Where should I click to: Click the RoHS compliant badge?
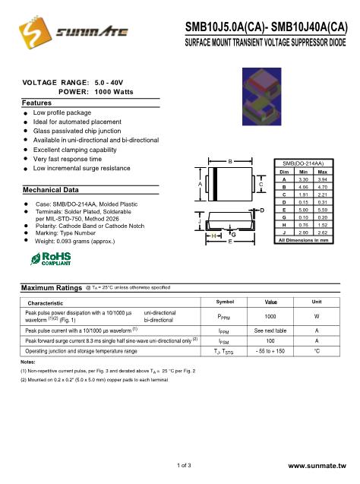tap(50, 260)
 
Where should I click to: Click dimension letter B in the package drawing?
tap(229, 162)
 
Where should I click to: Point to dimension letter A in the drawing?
tap(200, 185)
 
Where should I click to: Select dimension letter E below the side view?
tap(230, 241)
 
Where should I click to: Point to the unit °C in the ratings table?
tap(317, 352)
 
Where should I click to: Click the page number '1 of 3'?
tap(183, 463)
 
